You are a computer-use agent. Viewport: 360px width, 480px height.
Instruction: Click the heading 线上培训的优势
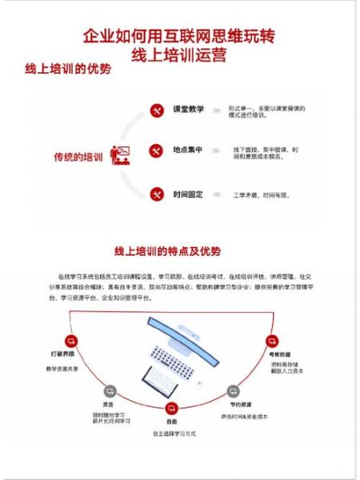68,69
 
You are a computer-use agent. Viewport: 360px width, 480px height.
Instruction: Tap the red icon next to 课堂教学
156,110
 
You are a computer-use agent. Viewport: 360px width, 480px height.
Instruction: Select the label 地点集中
188,150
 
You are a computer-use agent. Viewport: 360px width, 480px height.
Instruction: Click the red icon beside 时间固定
156,194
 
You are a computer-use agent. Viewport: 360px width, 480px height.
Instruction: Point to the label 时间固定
188,194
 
